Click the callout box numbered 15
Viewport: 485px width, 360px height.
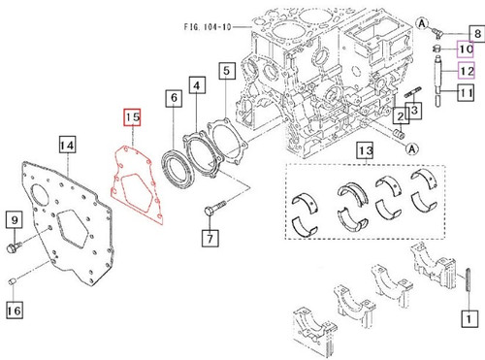click(x=132, y=119)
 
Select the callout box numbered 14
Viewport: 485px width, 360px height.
click(x=66, y=146)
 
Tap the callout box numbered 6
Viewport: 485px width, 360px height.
click(x=173, y=98)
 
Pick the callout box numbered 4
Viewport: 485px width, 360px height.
click(x=198, y=87)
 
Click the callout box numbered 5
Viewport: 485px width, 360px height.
click(x=226, y=70)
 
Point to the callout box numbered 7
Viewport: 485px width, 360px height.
click(x=209, y=236)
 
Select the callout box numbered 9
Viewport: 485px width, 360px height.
click(x=15, y=221)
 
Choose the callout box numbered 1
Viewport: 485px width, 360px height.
click(x=468, y=316)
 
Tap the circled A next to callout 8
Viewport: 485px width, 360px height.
click(x=423, y=21)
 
